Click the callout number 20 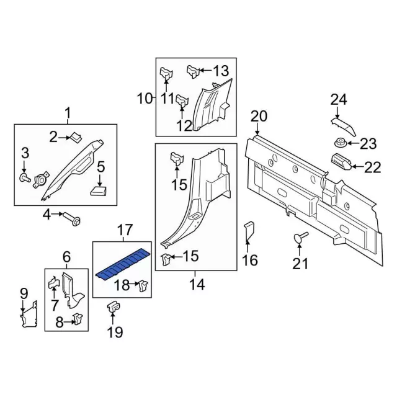[x=259, y=116]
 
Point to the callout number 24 [x=338, y=99]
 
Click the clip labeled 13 [x=192, y=71]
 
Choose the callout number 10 [x=144, y=97]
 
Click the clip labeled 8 [x=78, y=319]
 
